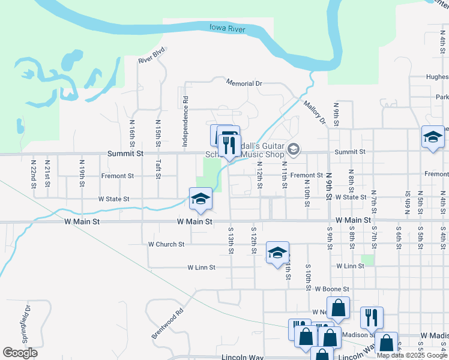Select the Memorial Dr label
244,83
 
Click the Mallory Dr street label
314,111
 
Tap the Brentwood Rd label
167,323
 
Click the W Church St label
166,244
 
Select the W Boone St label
331,289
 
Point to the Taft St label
158,169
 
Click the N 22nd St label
34,173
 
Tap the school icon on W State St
200,199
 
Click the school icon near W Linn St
277,253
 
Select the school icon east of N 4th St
433,137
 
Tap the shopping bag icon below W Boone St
338,308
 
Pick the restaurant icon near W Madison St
372,318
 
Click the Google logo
20,353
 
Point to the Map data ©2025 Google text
412,355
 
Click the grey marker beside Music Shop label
294,149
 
